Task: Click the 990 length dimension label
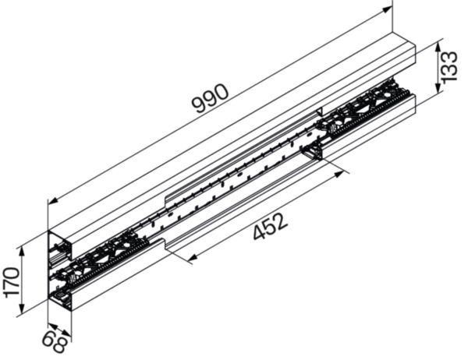(x=210, y=99)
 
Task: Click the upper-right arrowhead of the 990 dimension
(x=388, y=11)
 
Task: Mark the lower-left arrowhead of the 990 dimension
(x=51, y=203)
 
